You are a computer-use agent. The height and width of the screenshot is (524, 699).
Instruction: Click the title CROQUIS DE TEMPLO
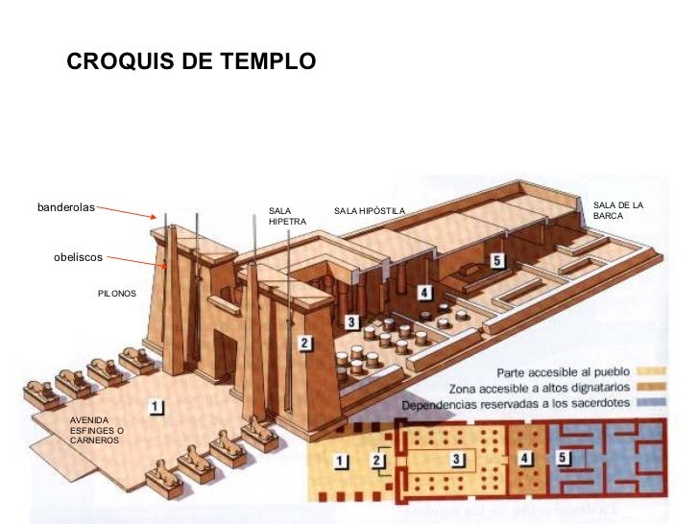click(190, 62)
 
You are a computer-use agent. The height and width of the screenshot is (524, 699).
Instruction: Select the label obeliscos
click(78, 257)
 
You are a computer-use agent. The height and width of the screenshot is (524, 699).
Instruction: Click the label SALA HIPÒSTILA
click(370, 210)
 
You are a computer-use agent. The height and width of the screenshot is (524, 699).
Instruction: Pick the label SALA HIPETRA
click(287, 216)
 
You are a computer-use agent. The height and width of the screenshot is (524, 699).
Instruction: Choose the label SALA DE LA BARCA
click(617, 211)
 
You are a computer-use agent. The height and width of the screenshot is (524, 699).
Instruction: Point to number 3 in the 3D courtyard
click(352, 322)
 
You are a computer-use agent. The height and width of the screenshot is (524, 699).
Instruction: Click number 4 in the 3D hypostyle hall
click(423, 292)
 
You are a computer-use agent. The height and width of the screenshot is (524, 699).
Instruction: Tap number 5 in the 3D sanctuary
click(496, 260)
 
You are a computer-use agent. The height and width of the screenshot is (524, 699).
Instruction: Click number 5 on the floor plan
click(564, 459)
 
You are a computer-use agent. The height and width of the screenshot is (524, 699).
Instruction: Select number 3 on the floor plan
click(459, 460)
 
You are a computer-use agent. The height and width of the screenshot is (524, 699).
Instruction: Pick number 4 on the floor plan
click(524, 459)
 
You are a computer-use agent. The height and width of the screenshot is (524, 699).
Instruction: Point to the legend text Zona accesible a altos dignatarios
click(542, 389)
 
